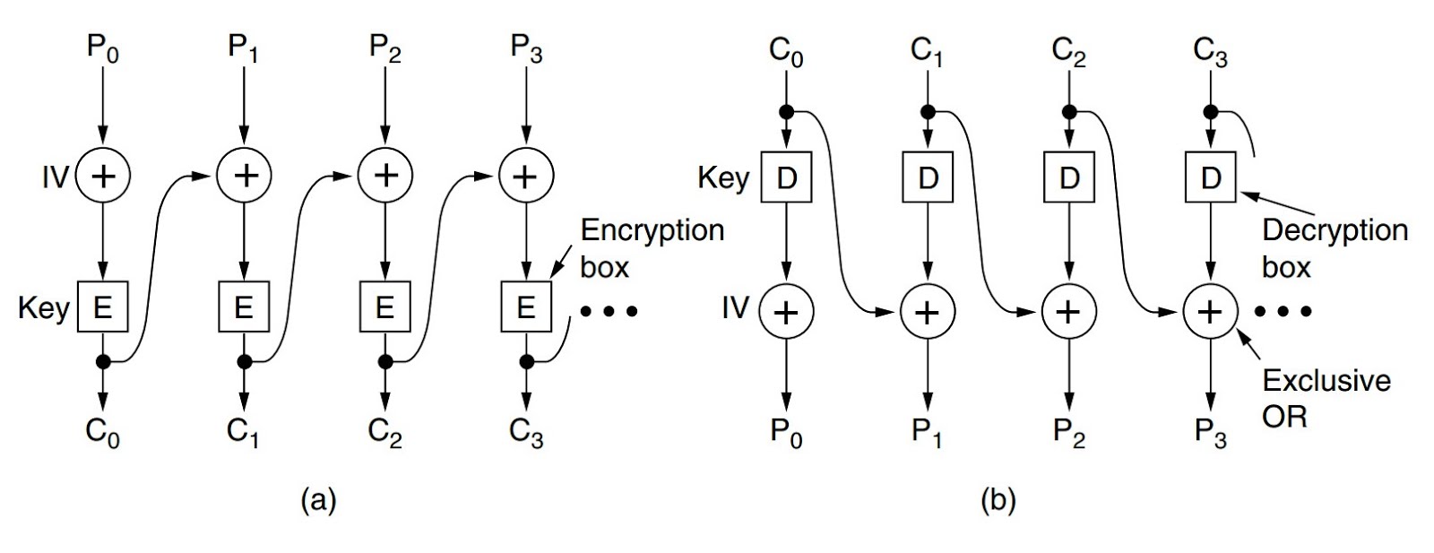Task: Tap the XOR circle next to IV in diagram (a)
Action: point(104,176)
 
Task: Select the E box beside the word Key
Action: point(103,307)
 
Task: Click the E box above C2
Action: point(385,307)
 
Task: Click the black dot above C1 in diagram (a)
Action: point(244,362)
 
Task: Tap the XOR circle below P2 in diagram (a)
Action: point(385,176)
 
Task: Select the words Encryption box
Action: point(652,248)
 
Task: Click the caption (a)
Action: point(319,499)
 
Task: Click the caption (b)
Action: point(998,499)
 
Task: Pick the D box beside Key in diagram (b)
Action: point(786,178)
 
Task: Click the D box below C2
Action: point(1069,178)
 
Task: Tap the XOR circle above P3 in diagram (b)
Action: point(1211,311)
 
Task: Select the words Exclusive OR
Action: point(1326,398)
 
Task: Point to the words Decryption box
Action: point(1334,248)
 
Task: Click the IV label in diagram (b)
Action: point(735,309)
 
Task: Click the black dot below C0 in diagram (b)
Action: point(786,112)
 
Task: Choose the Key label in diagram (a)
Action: point(44,308)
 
